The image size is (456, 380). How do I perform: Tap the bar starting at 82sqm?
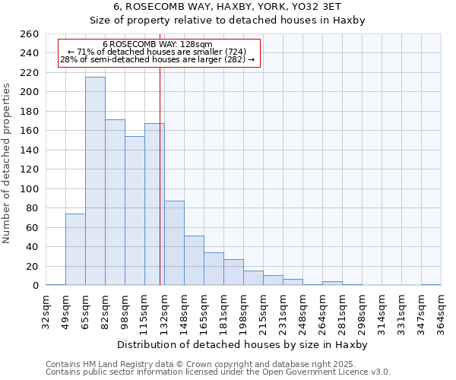(115, 202)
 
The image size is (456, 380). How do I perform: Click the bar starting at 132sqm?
(174, 243)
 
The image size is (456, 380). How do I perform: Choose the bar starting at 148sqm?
(194, 261)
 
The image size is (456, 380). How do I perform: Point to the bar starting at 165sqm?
(214, 269)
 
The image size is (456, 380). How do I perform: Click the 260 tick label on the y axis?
(29, 34)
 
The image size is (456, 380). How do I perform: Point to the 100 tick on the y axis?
(29, 188)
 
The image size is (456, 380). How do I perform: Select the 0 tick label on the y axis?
(35, 286)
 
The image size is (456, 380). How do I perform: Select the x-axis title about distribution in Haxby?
(243, 344)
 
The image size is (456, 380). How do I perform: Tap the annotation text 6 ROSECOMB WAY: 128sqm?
(157, 45)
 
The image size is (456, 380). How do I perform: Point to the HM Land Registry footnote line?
(201, 364)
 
